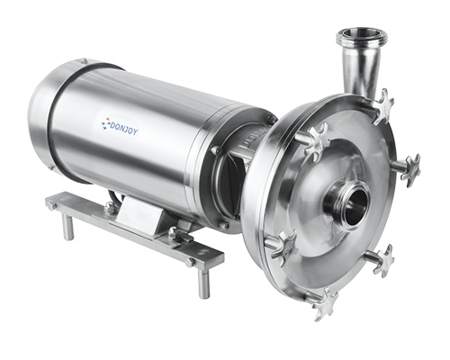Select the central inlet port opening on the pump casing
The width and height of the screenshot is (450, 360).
[x=356, y=207]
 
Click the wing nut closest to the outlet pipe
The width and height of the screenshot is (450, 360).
[x=382, y=106]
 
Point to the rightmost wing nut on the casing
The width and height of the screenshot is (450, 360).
[x=411, y=170]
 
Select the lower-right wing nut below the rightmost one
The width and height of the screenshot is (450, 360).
[x=383, y=260]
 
